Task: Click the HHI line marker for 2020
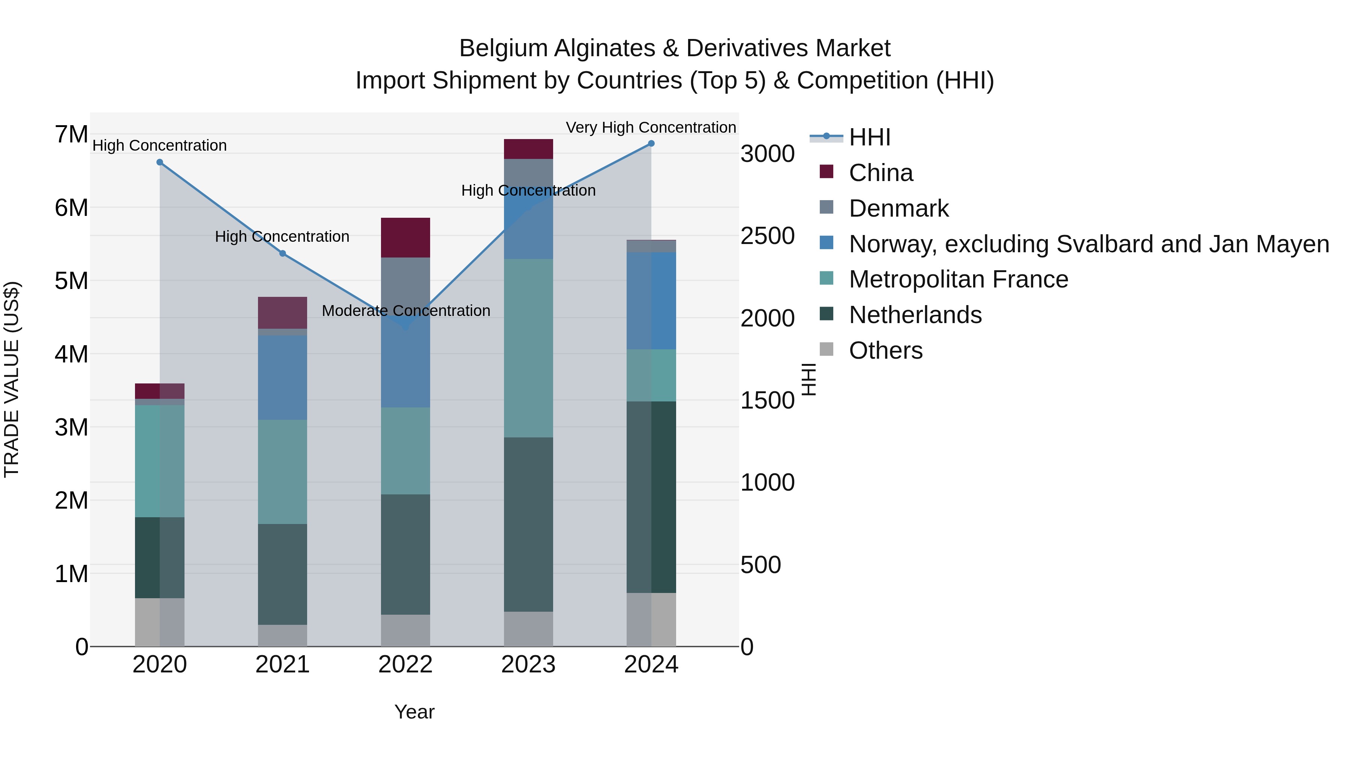coord(160,162)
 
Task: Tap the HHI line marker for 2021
coord(282,253)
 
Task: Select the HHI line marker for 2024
coord(651,144)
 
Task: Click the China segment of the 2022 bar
coord(405,237)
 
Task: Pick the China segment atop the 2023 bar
coord(528,149)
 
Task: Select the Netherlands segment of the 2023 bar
coord(528,524)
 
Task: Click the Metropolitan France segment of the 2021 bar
coord(282,472)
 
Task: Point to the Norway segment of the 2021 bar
coord(282,377)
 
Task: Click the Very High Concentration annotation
coord(651,127)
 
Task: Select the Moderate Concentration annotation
coord(406,311)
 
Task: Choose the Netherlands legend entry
coord(915,315)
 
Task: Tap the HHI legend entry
coord(869,137)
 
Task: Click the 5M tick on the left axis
coord(71,281)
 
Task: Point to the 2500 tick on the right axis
coord(767,236)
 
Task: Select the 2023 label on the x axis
coord(528,665)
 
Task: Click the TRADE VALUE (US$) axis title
coord(12,379)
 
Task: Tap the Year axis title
coord(414,712)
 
